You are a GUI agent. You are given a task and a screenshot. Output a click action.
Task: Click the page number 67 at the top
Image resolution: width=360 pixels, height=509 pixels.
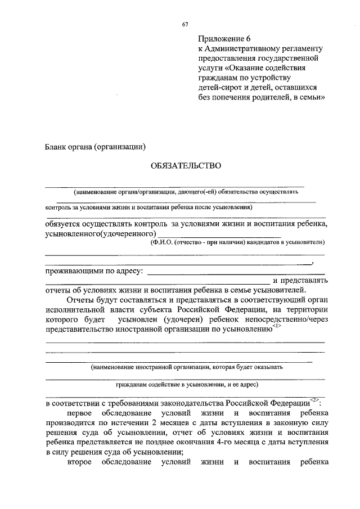click(184, 24)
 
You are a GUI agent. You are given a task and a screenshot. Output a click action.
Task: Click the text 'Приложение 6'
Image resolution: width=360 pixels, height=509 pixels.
click(223, 39)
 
